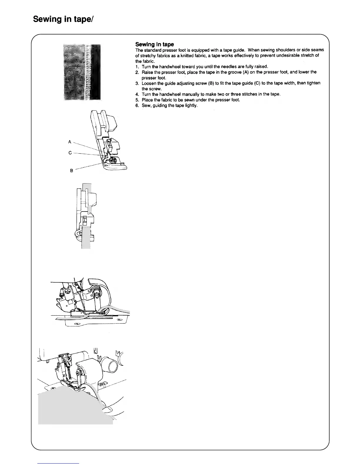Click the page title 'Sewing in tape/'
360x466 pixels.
[63, 19]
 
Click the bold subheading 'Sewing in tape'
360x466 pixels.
[154, 44]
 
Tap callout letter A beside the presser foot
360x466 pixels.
[70, 142]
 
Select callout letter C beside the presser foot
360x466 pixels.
[70, 153]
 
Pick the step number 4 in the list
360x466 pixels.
[137, 94]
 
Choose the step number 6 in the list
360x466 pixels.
[137, 105]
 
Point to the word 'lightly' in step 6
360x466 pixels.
[191, 105]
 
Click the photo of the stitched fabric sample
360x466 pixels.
[82, 72]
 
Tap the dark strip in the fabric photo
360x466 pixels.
[96, 72]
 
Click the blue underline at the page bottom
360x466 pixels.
[59, 463]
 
